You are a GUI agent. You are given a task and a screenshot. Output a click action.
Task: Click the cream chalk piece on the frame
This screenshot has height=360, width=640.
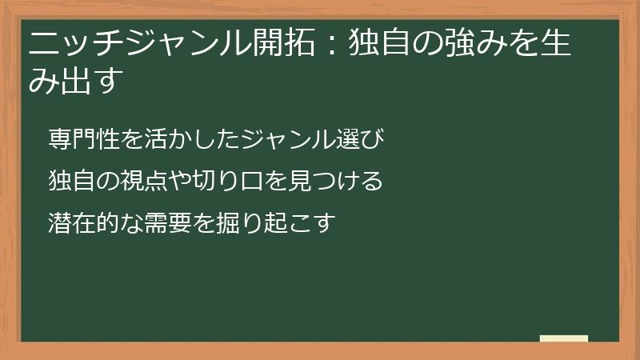[564, 338]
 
